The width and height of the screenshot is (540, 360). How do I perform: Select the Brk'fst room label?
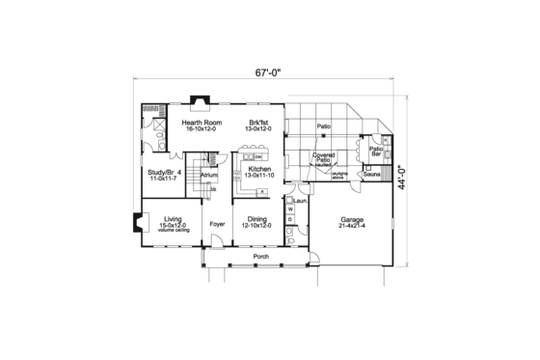coord(257,124)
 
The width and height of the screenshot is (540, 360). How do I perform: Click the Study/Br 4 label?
coord(165,173)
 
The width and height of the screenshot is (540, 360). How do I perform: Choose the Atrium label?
coord(209,175)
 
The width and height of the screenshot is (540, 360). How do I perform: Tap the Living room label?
coord(173,218)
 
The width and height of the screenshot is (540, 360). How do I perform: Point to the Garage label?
coord(350,219)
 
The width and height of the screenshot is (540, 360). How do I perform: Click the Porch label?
coord(260,258)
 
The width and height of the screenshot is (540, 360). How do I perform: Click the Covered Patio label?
coord(323,157)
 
